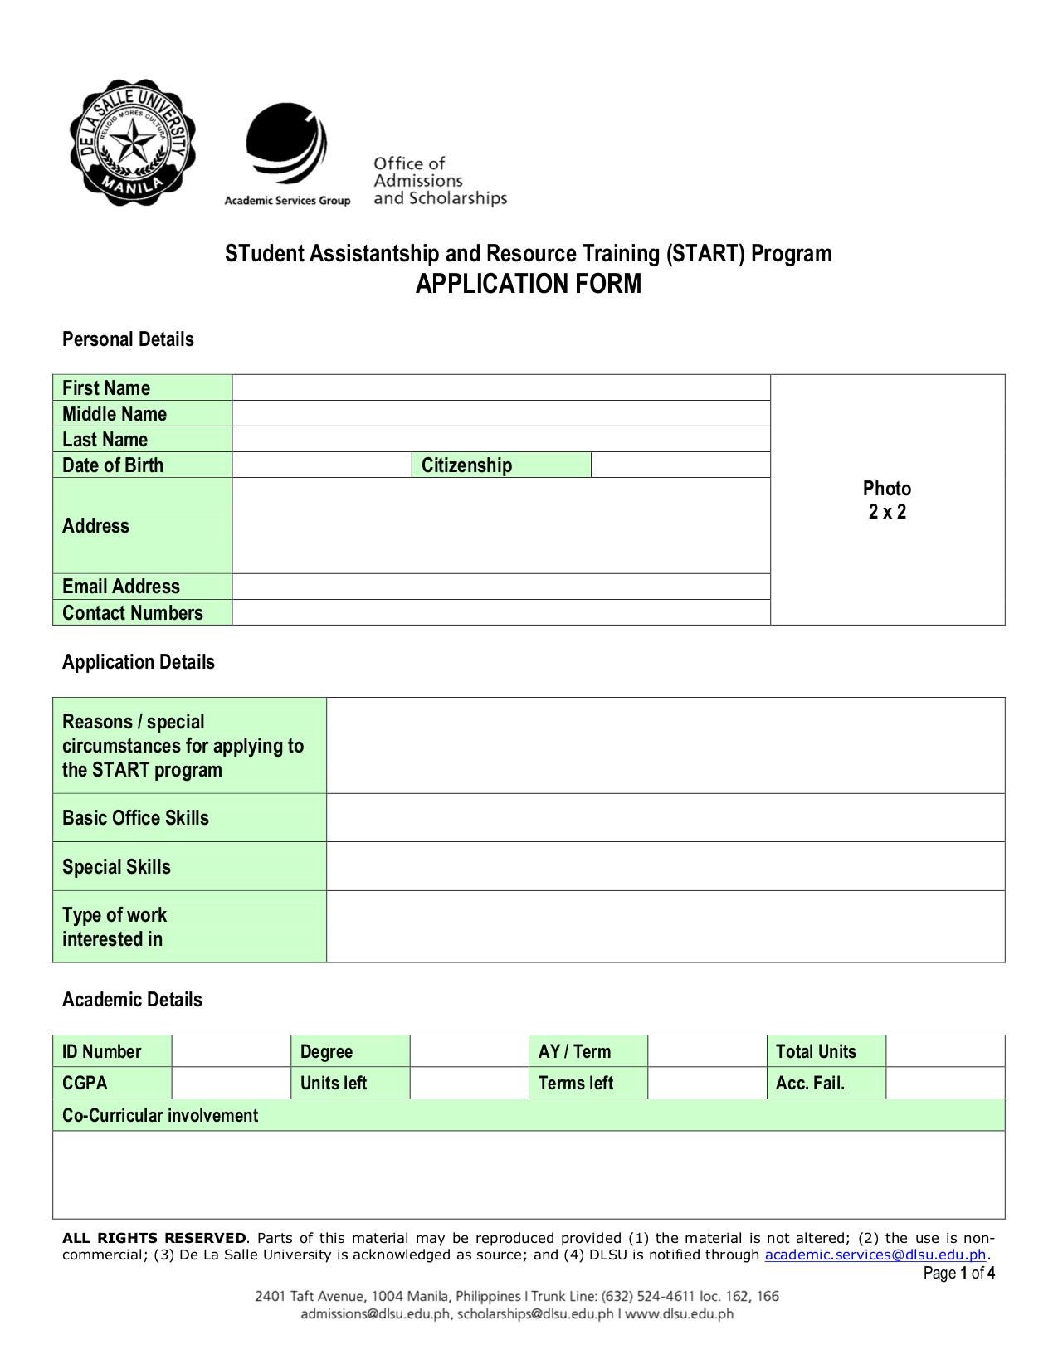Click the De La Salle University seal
[133, 143]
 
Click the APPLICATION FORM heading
[528, 284]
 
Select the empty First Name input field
[500, 387]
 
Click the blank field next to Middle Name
[500, 413]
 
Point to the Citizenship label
[466, 465]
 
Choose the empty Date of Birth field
[321, 465]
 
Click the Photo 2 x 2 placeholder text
[886, 499]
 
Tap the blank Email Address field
[500, 587]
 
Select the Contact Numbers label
[133, 613]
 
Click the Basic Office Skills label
[136, 818]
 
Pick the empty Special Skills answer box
[665, 866]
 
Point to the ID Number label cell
[102, 1051]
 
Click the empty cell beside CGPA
[231, 1083]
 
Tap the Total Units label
[816, 1051]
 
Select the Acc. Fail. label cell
[810, 1083]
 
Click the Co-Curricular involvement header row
[528, 1115]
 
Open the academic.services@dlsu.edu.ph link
[875, 1255]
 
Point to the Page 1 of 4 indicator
[958, 1273]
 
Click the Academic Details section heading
[132, 999]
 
